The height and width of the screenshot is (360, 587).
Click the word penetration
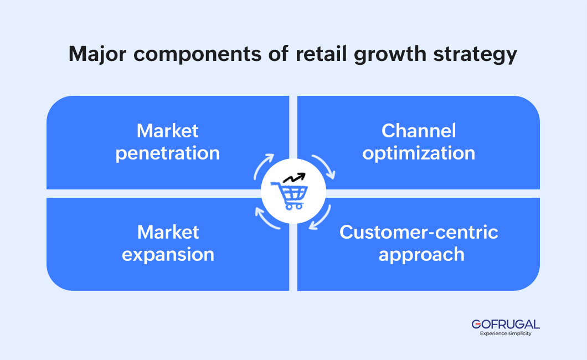point(167,153)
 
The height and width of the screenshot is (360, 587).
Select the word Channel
point(419,131)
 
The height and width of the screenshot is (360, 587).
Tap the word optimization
point(419,153)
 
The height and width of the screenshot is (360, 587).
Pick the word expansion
point(168,255)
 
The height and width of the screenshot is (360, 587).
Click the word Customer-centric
point(419,232)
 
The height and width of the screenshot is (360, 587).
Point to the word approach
point(421,255)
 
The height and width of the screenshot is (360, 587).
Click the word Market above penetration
point(167,131)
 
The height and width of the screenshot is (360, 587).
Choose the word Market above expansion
point(168,232)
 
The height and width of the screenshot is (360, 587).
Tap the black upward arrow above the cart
point(295,178)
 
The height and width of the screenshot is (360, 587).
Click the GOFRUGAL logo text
point(505,324)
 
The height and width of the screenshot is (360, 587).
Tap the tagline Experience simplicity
point(505,333)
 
